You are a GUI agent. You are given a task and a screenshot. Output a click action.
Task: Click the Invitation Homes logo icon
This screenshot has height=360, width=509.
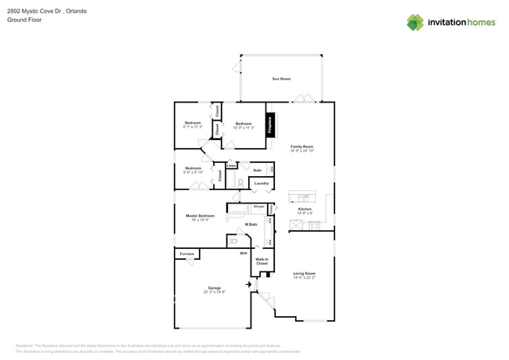[x=415, y=22]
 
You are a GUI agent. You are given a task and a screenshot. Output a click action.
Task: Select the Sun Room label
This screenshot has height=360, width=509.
[x=281, y=79]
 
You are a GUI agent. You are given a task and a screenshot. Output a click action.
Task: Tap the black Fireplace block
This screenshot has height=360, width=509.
[x=270, y=126]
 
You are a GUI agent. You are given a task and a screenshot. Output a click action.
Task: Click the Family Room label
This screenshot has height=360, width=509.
[x=301, y=146]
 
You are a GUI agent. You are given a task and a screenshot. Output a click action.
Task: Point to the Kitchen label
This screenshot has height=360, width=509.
[x=305, y=209]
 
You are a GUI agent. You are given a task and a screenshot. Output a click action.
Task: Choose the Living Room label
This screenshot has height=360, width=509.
[x=304, y=273]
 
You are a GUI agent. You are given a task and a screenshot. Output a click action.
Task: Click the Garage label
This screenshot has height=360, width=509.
[x=214, y=287]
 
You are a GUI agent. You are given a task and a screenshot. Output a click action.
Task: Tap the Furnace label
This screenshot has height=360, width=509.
[x=186, y=254]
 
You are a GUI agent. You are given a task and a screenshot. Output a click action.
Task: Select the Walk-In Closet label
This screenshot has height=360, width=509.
[x=262, y=261]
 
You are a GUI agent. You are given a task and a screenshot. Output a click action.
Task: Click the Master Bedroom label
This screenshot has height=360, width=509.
[x=200, y=215]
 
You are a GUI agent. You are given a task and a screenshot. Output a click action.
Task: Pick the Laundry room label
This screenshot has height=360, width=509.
[x=261, y=183]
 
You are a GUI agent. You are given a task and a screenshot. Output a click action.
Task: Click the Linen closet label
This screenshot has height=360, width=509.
[x=231, y=165]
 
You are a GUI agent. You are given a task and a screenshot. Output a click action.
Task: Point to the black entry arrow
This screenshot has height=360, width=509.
[x=249, y=284]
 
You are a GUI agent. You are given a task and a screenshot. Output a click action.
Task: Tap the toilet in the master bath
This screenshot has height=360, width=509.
[x=233, y=241]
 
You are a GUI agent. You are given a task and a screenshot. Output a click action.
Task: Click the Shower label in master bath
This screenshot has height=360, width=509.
[x=258, y=206]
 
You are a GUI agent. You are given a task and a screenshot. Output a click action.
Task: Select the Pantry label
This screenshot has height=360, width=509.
[x=271, y=208]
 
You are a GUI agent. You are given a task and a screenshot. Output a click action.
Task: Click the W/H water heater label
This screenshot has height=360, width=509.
[x=243, y=254]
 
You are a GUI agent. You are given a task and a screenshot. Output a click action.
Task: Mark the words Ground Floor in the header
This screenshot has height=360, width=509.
[x=24, y=20]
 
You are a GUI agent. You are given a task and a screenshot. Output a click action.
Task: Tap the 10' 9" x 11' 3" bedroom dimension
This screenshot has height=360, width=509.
[x=244, y=128]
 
